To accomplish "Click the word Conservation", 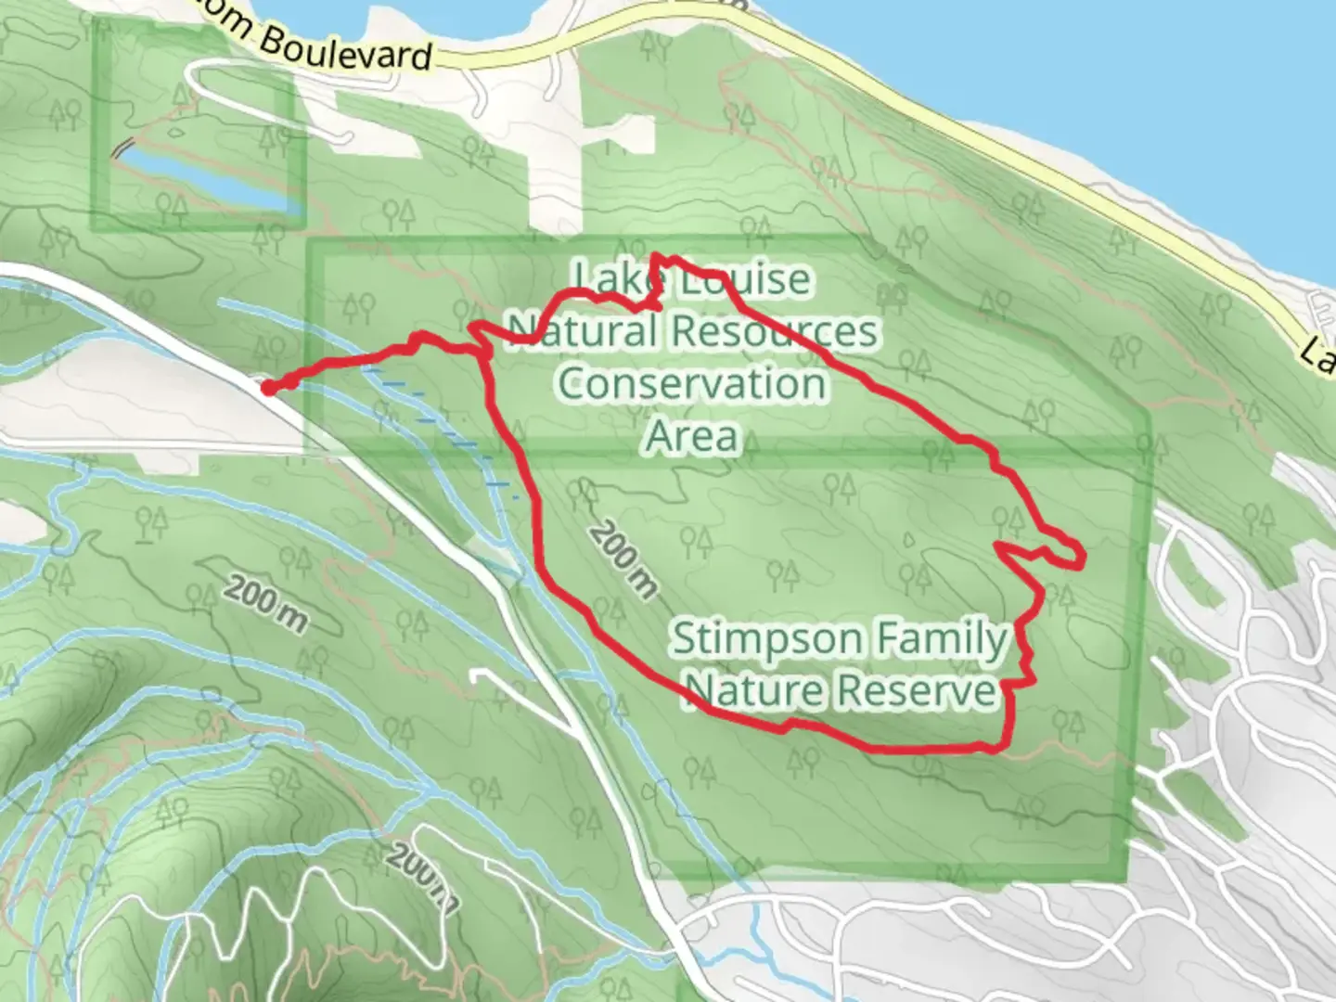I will (692, 383).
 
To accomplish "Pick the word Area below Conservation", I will (692, 435).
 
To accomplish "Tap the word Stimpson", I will (766, 639).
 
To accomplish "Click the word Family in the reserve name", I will (938, 639).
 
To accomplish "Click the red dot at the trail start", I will (268, 389).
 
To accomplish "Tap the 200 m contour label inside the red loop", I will (623, 559).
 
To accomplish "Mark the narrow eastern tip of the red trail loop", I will (1079, 557).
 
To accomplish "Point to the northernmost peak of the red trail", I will (657, 256).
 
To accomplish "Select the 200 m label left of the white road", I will (265, 604).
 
